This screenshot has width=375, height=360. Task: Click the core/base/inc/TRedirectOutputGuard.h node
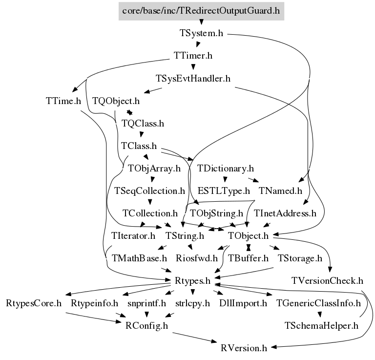pyautogui.click(x=201, y=10)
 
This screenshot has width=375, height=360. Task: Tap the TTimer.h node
pyautogui.click(x=193, y=56)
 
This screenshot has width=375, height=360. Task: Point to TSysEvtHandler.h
pyautogui.click(x=193, y=79)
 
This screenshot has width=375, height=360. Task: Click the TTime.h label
pyautogui.click(x=61, y=102)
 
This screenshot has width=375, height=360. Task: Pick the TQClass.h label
pyautogui.click(x=143, y=124)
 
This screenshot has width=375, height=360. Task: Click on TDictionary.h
pyautogui.click(x=226, y=169)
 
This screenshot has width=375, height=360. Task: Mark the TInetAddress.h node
pyautogui.click(x=285, y=213)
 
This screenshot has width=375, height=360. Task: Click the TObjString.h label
pyautogui.click(x=216, y=213)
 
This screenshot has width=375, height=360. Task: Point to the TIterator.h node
pyautogui.click(x=133, y=236)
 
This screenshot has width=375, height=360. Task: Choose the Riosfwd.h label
pyautogui.click(x=197, y=258)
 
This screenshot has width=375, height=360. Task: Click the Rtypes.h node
pyautogui.click(x=192, y=281)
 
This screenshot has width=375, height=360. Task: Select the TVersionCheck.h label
pyautogui.click(x=327, y=281)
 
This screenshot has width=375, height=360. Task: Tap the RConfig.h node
pyautogui.click(x=146, y=326)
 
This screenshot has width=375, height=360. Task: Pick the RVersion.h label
pyautogui.click(x=244, y=348)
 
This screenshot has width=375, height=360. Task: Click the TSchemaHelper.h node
pyautogui.click(x=321, y=326)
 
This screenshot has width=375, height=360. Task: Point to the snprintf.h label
pyautogui.click(x=146, y=303)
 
